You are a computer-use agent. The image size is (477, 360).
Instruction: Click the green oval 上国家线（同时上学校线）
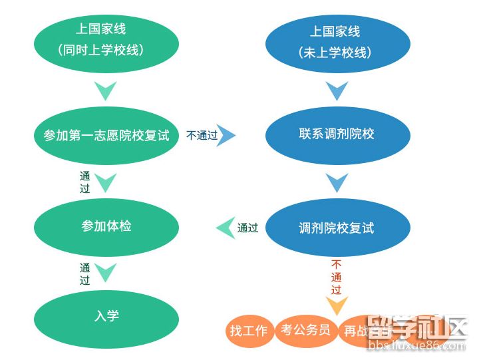pyautogui.click(x=106, y=41)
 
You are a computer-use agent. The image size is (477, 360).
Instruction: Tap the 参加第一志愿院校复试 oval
pyautogui.click(x=106, y=136)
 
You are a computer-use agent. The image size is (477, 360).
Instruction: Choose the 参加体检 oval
pyautogui.click(x=106, y=226)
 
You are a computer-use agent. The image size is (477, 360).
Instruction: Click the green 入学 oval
pyautogui.click(x=106, y=317)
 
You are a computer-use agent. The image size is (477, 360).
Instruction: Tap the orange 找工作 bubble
pyautogui.click(x=249, y=331)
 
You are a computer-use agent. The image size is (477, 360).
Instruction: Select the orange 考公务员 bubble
pyautogui.click(x=305, y=330)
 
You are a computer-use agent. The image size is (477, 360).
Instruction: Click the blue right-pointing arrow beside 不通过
pyautogui.click(x=228, y=136)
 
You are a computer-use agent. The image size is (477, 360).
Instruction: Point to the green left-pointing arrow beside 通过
pyautogui.click(x=225, y=228)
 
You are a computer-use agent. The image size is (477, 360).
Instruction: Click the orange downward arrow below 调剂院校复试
pyautogui.click(x=337, y=306)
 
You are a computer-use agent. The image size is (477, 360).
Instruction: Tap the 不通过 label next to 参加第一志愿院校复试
pyautogui.click(x=202, y=136)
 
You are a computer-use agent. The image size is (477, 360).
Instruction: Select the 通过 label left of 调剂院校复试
pyautogui.click(x=247, y=228)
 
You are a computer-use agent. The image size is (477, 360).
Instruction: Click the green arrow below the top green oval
pyautogui.click(x=106, y=90)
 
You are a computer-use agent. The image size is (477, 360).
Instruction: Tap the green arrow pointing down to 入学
pyautogui.click(x=106, y=272)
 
